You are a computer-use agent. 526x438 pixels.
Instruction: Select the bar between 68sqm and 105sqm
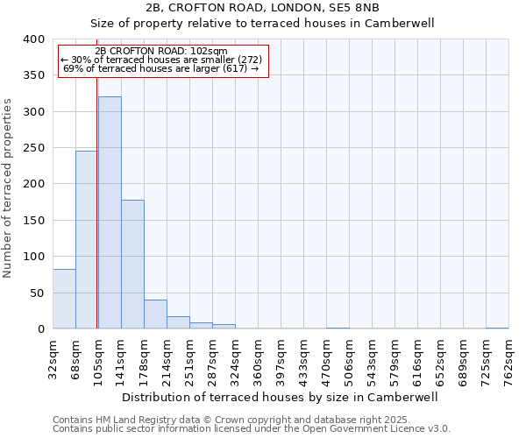click(86, 240)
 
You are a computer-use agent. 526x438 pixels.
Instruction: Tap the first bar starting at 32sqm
click(64, 299)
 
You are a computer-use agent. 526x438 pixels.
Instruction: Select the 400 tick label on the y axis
click(32, 39)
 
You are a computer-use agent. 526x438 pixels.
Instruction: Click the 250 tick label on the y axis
click(32, 148)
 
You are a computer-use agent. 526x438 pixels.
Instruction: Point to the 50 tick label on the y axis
click(36, 293)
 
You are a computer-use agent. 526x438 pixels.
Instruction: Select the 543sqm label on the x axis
click(373, 359)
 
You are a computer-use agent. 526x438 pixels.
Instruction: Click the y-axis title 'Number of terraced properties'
click(8, 187)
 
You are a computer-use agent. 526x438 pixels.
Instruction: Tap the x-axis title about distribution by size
click(280, 397)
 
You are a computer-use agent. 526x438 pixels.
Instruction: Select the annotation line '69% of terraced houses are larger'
click(160, 68)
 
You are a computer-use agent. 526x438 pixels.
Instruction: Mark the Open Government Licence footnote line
click(252, 428)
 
